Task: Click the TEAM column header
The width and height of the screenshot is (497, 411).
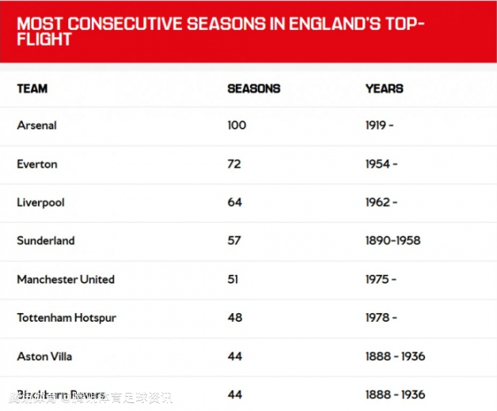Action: click(x=32, y=89)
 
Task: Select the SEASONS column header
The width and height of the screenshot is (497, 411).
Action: click(x=254, y=89)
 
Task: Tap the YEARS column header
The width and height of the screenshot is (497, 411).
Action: click(x=385, y=89)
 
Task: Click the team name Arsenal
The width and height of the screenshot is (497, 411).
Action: click(x=37, y=126)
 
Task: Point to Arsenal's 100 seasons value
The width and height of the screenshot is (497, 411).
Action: click(x=237, y=126)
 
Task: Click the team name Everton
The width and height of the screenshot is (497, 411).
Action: click(x=37, y=164)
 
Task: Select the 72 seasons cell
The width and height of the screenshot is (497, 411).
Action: click(x=234, y=164)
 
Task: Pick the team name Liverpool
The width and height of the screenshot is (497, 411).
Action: click(x=40, y=202)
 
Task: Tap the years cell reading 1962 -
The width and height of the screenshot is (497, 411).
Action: click(x=381, y=202)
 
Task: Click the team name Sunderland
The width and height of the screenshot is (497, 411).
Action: click(x=46, y=241)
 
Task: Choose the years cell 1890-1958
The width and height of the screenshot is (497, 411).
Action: click(x=393, y=241)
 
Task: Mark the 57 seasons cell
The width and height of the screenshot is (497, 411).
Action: click(x=234, y=241)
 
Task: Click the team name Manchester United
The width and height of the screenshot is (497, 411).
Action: click(x=66, y=280)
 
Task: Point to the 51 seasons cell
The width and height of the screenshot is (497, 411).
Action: click(x=233, y=280)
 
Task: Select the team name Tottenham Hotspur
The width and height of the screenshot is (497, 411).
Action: click(x=66, y=318)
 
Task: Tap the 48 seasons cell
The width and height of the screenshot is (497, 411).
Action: click(x=234, y=318)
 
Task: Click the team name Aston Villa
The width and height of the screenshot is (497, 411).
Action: click(x=44, y=356)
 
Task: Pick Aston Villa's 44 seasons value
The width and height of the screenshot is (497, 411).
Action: click(x=234, y=356)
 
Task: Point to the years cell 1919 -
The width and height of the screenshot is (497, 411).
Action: click(x=380, y=126)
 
